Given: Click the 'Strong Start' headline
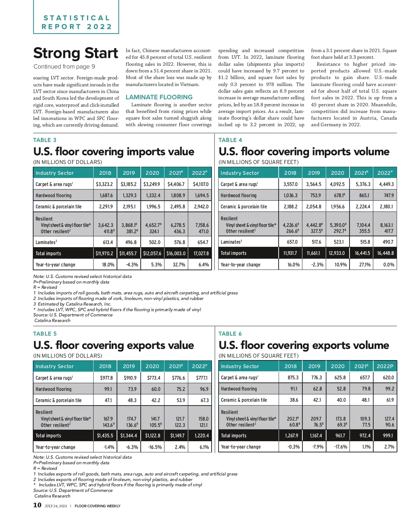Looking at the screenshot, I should point(76,53).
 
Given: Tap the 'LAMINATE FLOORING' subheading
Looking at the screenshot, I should point(159,97).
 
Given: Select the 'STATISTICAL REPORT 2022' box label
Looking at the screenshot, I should point(76,22).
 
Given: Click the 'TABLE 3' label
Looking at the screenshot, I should point(45,140).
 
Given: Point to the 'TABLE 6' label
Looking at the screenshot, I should point(230,334).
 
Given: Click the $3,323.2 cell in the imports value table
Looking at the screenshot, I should point(104,184).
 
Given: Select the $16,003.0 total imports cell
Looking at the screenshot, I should point(176,253).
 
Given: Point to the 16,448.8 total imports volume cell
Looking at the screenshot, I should point(385,253).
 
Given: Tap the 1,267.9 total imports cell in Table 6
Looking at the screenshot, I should point(291,436).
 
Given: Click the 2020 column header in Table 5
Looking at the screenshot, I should point(152,366).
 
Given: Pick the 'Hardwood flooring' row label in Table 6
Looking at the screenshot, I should point(239,389).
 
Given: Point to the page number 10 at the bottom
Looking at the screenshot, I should point(37,505).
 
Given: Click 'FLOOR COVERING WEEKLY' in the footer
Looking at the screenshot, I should point(97,506).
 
